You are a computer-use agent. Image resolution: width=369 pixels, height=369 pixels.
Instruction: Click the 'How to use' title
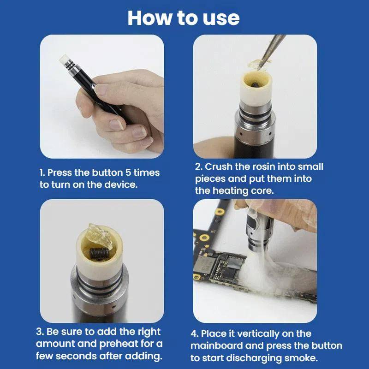184,18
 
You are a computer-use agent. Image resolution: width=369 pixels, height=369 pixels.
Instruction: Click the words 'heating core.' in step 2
239,190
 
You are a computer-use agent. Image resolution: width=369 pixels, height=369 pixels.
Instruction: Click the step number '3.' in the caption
40,332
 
